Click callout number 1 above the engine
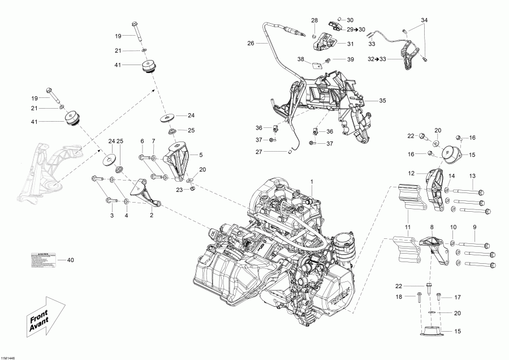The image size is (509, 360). (310, 179)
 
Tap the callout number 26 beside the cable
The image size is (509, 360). (251, 42)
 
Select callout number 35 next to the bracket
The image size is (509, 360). (382, 101)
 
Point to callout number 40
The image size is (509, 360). (70, 260)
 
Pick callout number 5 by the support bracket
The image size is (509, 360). (200, 154)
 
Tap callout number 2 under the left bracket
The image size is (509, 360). (151, 215)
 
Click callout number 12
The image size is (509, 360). (411, 173)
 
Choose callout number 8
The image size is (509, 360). (432, 227)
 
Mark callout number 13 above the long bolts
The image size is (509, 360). (472, 175)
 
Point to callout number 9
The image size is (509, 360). (475, 227)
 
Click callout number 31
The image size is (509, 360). (350, 44)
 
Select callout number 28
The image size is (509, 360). (314, 20)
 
